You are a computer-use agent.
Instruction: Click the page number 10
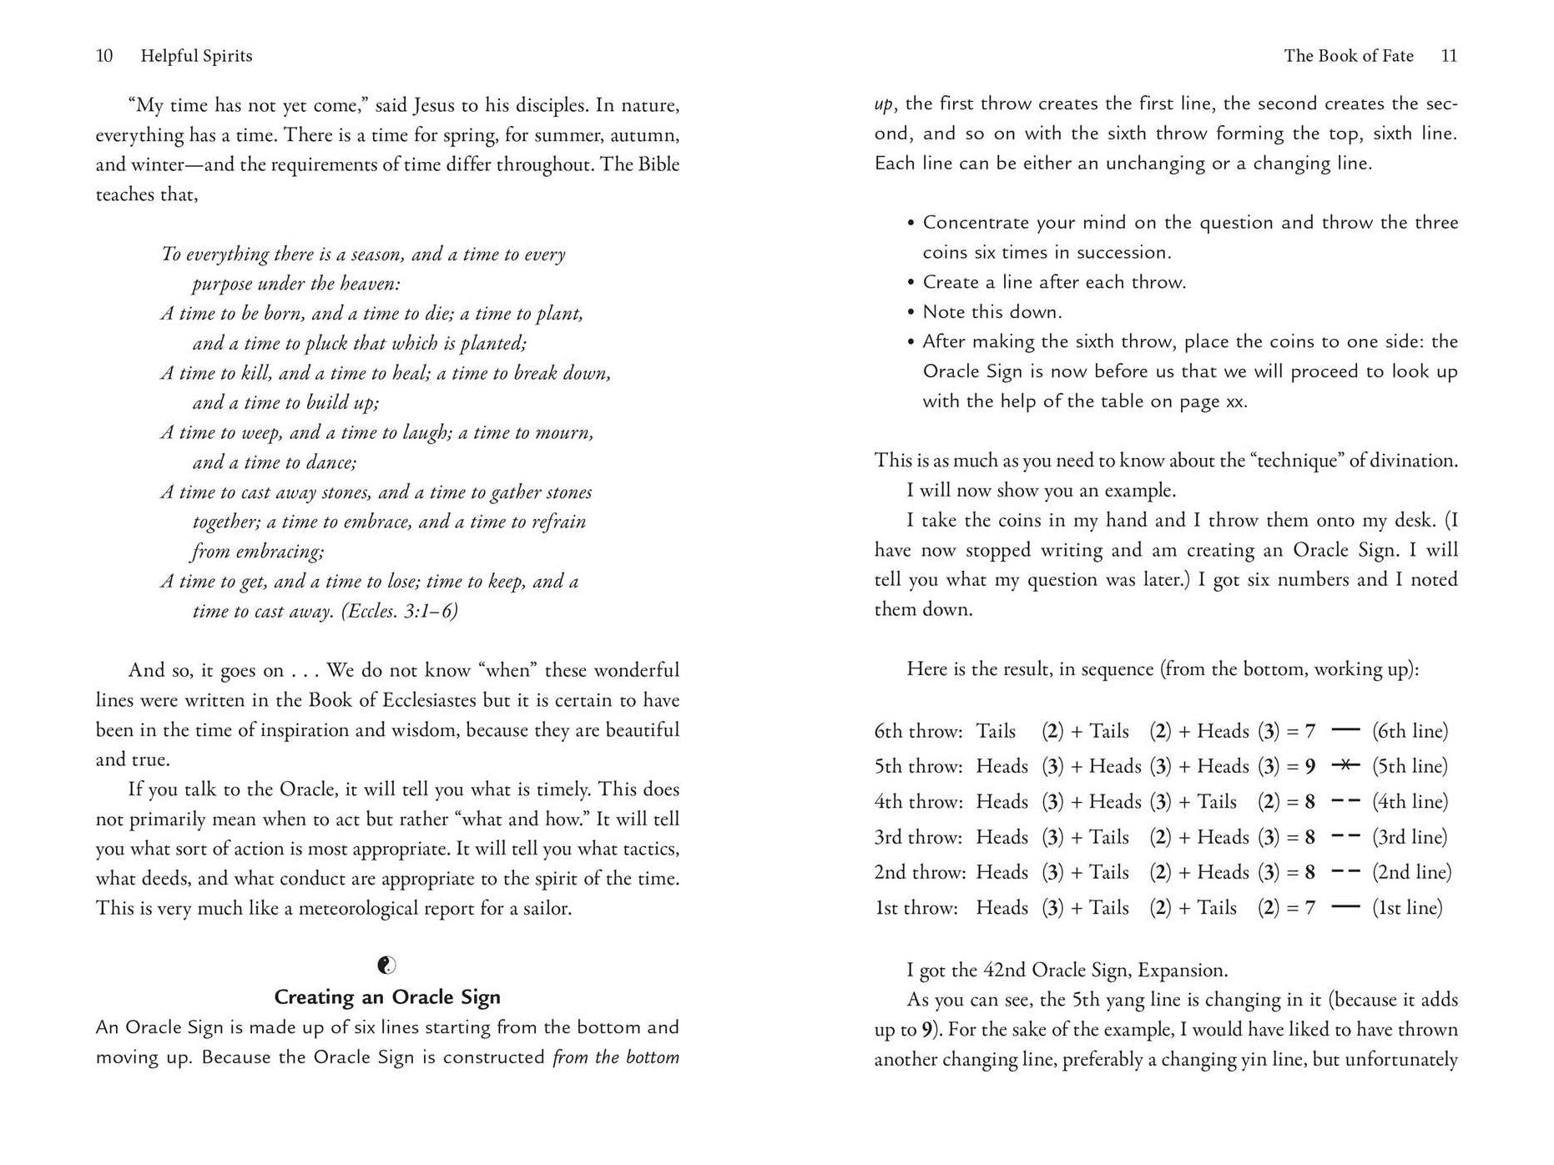104,56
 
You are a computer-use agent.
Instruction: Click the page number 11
1449,56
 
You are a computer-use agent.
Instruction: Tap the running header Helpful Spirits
196,56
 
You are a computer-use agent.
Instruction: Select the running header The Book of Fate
1349,56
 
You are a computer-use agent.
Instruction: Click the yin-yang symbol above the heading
387,966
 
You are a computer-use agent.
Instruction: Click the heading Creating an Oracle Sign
387,997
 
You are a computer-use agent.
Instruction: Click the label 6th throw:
918,731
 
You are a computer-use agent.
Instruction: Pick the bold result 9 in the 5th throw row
1310,766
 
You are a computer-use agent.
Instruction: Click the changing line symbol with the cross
1345,765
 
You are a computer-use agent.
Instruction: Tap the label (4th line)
1410,802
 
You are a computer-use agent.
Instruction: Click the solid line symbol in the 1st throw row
1345,907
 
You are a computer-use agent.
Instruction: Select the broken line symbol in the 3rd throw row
1345,837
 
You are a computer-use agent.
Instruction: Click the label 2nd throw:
920,872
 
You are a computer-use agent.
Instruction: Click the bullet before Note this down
911,312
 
